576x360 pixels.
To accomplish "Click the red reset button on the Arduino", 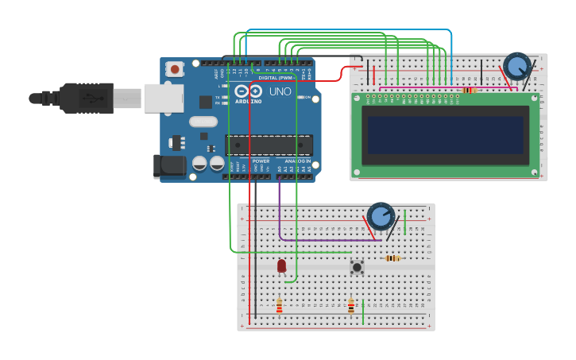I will click(174, 70).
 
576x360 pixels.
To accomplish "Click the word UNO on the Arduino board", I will click(280, 91).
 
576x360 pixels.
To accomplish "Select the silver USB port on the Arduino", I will click(164, 98).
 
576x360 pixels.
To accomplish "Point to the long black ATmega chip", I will click(269, 145).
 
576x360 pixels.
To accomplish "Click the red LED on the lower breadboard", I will click(281, 265).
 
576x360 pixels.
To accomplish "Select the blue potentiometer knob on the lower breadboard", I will click(381, 216).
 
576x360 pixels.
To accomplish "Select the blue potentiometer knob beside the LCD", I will click(517, 66).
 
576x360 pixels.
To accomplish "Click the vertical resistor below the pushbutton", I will click(351, 306).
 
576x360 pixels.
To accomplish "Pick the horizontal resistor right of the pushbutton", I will click(392, 258).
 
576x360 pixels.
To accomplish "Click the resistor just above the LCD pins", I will click(470, 90).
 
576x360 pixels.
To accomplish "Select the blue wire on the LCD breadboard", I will click(451, 56).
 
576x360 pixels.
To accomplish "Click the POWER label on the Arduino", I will click(261, 161).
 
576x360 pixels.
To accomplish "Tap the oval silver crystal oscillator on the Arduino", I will click(203, 122).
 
